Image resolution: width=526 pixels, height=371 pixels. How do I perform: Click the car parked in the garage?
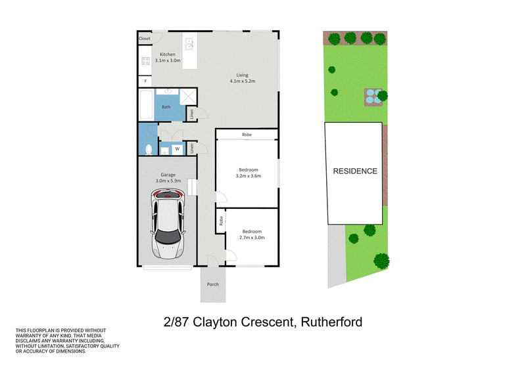point(168,223)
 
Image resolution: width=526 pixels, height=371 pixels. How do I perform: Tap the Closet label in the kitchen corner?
point(145,39)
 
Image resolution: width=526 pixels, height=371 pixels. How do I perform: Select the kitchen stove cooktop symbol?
point(145,61)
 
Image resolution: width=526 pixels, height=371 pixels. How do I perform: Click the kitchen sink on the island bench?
point(189,43)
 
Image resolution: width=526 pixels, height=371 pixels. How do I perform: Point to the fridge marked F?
point(145,81)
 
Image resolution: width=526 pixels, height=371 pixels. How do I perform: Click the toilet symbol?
point(149,149)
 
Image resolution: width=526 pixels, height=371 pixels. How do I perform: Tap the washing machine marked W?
point(177,149)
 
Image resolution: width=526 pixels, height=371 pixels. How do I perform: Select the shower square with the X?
point(188,97)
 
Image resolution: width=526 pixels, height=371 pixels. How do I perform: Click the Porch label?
point(212,284)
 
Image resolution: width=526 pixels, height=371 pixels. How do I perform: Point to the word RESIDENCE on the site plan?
point(355,171)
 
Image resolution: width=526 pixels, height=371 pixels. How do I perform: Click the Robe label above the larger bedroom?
point(247,135)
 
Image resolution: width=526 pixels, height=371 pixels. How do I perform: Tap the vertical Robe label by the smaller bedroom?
point(221,221)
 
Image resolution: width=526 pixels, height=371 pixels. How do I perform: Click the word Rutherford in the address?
point(331,322)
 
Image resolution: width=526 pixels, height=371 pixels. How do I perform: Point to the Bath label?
point(166,107)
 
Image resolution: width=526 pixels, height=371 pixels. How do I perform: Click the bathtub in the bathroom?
point(146,104)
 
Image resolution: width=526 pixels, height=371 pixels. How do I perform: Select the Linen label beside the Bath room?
point(191,114)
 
